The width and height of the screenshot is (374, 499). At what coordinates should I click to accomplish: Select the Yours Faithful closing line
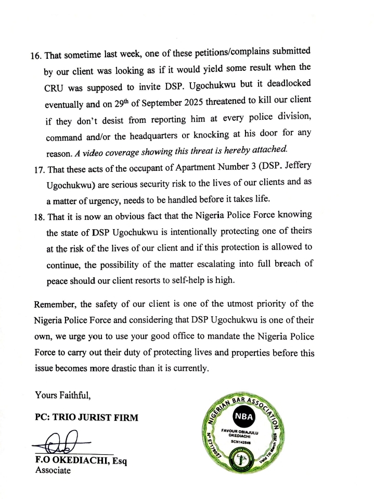tap(63, 395)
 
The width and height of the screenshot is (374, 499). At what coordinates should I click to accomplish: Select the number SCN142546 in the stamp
tap(240, 443)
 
